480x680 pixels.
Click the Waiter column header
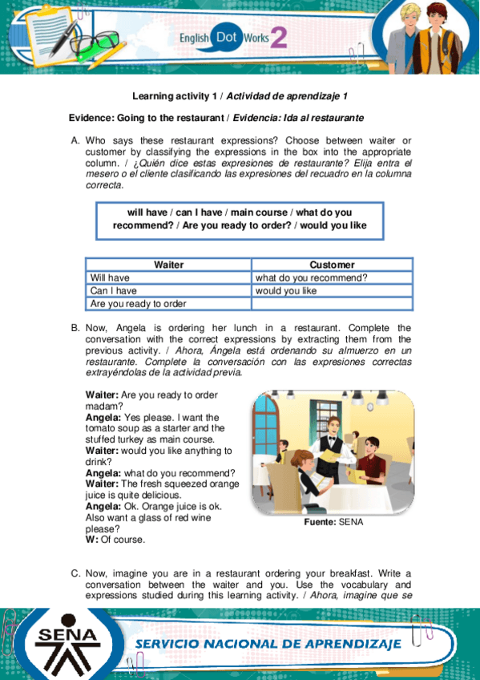coord(168,265)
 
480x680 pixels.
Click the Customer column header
coord(332,265)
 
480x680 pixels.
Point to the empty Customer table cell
coord(332,304)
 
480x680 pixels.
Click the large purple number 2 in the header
coord(279,37)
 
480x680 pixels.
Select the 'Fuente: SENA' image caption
coord(333,522)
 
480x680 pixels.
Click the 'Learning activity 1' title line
coord(240,96)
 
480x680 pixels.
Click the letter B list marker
coord(75,328)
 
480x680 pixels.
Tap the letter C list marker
coord(75,573)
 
